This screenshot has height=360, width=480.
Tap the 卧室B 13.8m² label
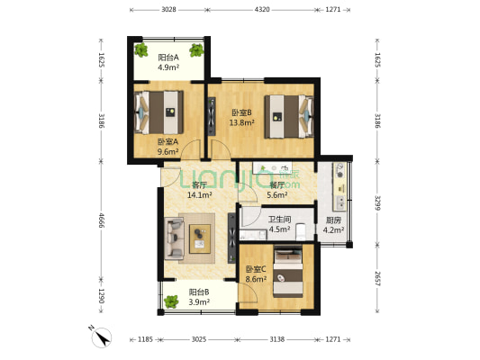(x=242, y=118)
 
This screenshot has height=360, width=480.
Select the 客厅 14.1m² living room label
(x=199, y=190)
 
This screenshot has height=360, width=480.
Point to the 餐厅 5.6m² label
(x=277, y=190)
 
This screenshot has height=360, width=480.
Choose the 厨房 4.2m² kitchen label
(x=333, y=225)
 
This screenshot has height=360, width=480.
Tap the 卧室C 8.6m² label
(x=257, y=274)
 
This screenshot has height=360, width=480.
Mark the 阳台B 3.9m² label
(x=198, y=297)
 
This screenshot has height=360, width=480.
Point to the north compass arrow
(x=103, y=338)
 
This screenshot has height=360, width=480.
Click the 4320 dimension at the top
(x=261, y=9)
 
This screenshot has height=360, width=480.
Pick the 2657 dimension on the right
(x=376, y=279)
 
